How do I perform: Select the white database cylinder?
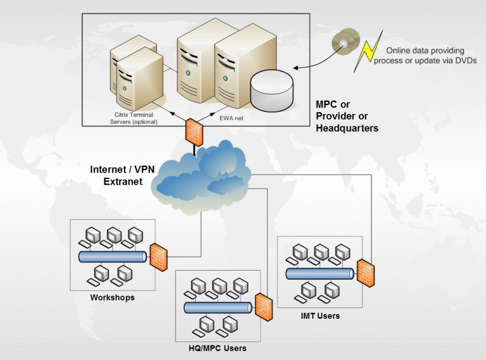(271, 90)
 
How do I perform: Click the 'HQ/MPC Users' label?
(217, 348)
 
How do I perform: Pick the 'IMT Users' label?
(320, 316)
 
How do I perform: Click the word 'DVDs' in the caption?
(465, 59)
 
